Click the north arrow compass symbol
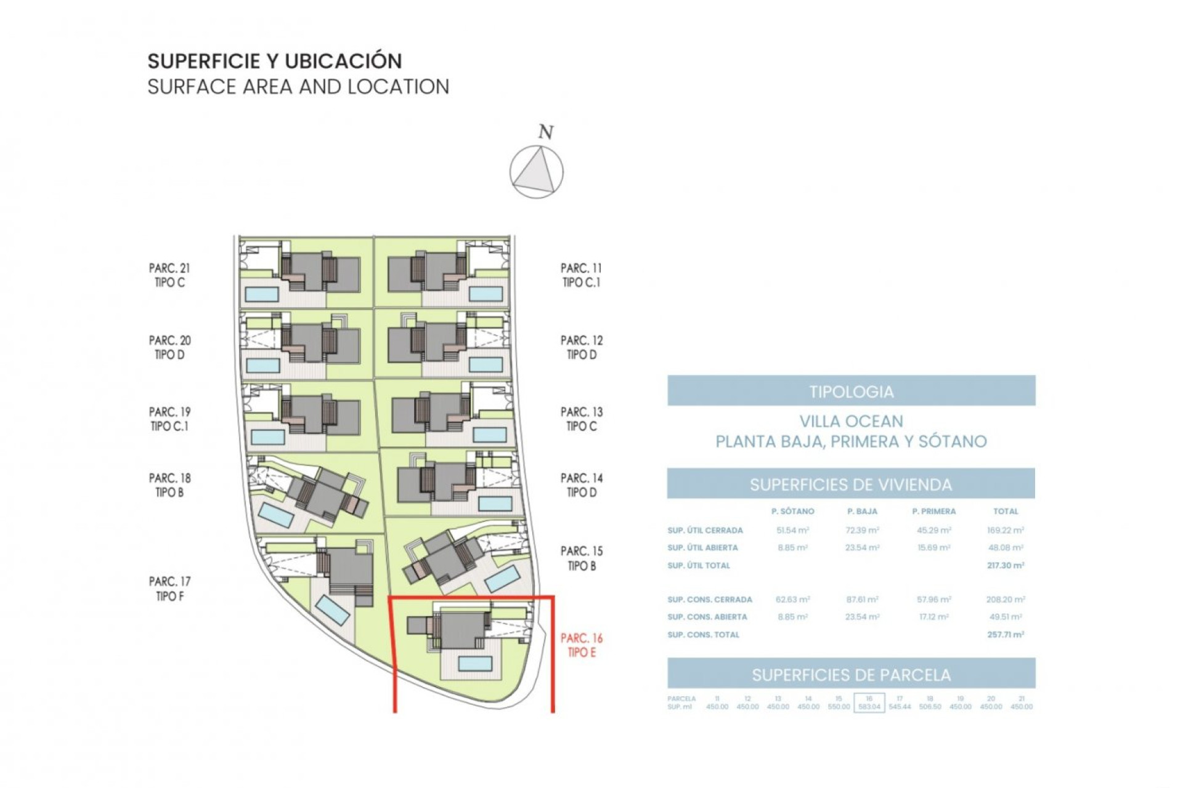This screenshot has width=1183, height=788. [536, 172]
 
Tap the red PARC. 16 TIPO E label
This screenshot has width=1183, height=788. [581, 645]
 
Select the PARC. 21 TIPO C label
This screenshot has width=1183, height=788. [169, 275]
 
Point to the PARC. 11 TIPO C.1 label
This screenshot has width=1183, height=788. [581, 275]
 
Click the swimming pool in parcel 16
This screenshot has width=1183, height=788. [475, 664]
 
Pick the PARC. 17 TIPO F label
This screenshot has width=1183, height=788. [169, 589]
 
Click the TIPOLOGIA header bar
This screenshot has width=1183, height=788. [851, 391]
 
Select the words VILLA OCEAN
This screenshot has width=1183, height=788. [851, 422]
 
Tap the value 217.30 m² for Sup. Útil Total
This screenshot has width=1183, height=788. [1005, 565]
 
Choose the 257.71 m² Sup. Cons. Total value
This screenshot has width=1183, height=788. [1005, 635]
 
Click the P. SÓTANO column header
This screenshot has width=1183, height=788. [792, 512]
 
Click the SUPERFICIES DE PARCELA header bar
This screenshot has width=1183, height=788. [851, 675]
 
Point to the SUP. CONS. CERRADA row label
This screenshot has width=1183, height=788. [709, 600]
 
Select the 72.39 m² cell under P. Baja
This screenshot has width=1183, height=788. [862, 530]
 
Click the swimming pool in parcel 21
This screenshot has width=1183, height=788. [262, 294]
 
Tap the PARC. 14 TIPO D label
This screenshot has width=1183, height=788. [581, 485]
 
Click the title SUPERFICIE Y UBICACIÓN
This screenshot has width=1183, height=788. [275, 61]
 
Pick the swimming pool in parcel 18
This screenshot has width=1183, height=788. [275, 515]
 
